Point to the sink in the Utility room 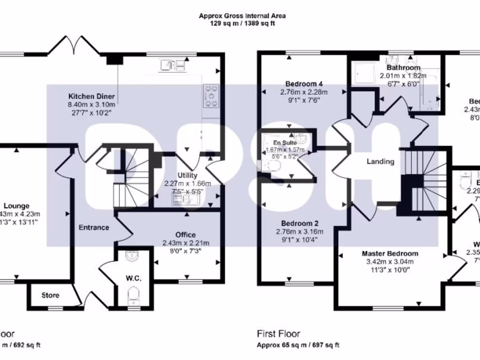tap(185, 200)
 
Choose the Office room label tap(186, 235)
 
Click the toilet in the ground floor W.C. tap(134, 295)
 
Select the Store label tap(50, 295)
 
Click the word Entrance tap(94, 227)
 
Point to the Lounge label tap(17, 206)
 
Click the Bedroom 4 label tap(303, 84)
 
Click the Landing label tap(380, 162)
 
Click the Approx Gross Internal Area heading tap(242, 15)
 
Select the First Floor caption tap(278, 334)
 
